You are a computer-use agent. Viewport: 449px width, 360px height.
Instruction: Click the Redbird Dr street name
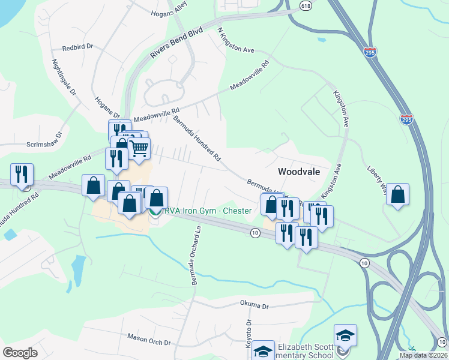(x=79, y=46)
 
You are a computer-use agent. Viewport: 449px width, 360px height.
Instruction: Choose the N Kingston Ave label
(x=236, y=40)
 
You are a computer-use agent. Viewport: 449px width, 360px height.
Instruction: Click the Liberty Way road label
(x=378, y=175)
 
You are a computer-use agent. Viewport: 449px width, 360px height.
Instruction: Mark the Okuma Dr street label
(x=255, y=305)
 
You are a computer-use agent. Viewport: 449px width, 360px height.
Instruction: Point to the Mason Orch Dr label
(x=149, y=340)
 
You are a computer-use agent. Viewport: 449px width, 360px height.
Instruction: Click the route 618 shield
(x=306, y=5)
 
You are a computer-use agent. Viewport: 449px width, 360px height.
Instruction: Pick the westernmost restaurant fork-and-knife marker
(x=22, y=175)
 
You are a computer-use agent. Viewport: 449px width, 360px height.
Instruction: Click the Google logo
(x=20, y=353)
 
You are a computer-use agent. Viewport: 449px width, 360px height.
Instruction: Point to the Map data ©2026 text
(x=423, y=355)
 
